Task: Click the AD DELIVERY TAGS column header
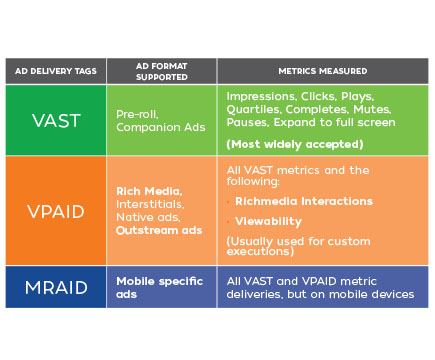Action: coord(55,72)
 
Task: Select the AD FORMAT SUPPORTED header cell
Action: coord(161,72)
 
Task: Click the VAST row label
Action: coord(55,120)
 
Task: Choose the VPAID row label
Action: coord(55,211)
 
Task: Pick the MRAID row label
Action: coord(55,286)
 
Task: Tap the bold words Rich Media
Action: coord(148,191)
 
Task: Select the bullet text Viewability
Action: coord(266,221)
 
